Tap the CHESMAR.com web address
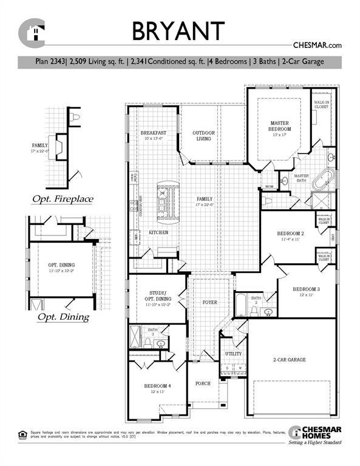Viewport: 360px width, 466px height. [x=318, y=45]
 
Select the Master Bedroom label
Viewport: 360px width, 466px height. [x=280, y=126]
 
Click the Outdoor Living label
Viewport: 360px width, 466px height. [x=204, y=135]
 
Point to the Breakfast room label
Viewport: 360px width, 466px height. [x=154, y=135]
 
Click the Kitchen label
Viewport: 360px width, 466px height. [x=158, y=232]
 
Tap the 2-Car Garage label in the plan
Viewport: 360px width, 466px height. [x=288, y=360]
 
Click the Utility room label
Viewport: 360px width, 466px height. [x=233, y=354]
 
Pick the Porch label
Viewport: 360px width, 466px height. [x=203, y=384]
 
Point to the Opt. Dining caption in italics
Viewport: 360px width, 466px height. [x=63, y=317]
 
